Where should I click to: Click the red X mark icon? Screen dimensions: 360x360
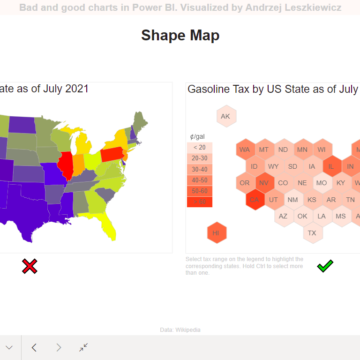tap(30, 266)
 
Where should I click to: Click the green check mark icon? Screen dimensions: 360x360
tap(325, 267)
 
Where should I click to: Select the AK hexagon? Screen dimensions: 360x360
tap(225, 116)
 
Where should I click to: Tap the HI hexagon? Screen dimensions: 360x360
tap(216, 233)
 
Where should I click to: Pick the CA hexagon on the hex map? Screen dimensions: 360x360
tap(254, 200)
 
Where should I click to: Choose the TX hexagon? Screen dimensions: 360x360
tap(312, 233)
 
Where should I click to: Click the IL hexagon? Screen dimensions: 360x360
tap(331, 166)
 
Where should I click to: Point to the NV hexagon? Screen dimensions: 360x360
tap(264, 183)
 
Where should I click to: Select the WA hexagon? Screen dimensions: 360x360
tap(245, 150)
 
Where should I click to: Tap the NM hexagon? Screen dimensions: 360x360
tap(292, 200)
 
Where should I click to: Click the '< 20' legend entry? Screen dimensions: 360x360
tap(199, 148)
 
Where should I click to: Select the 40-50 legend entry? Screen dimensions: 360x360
tap(199, 180)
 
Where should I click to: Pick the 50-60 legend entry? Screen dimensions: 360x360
tap(199, 191)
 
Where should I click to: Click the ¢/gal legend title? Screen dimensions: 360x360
tap(197, 136)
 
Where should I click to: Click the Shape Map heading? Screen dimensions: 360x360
tap(180, 35)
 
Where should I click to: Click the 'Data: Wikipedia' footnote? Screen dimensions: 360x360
tap(180, 330)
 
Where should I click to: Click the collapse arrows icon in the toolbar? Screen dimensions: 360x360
tap(83, 347)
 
